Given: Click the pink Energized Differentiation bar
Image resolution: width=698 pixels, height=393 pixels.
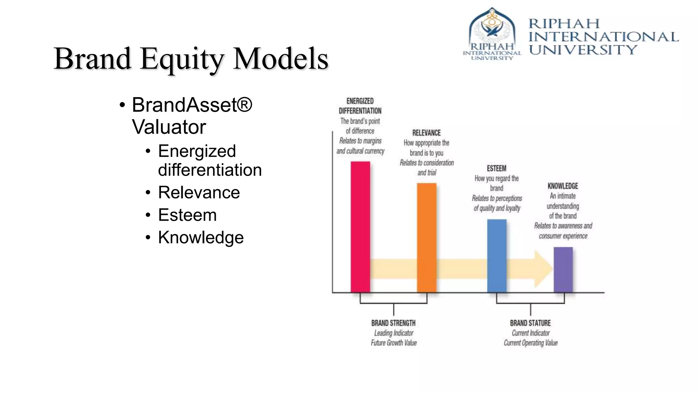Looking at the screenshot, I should pos(360,227).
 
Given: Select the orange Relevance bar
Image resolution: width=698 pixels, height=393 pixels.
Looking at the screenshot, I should pos(426,238).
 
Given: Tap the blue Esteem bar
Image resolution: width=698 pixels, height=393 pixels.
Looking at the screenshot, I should pos(497,256).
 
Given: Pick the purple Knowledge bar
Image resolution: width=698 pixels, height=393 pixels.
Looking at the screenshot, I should pos(563,270).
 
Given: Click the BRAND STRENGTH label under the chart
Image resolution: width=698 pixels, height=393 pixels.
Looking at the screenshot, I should pos(393,323).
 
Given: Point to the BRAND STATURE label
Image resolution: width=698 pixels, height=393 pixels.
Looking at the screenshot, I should pos(530,323).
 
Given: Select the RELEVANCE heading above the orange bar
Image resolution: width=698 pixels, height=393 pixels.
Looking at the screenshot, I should pos(426,133).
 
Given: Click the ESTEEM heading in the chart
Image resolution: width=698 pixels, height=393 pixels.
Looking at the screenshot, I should pos(497,168).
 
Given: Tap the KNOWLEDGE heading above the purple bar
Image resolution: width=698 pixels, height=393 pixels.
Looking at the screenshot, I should pos(563,186).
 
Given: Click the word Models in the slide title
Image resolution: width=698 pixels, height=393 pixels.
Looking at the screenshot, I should pos(280,59).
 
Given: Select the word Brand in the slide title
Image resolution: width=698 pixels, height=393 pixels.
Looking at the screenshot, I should pos(92,59).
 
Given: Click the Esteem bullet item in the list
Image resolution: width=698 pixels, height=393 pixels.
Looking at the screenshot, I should pos(187,215).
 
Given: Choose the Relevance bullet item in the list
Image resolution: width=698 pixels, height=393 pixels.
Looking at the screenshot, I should pos(199,192).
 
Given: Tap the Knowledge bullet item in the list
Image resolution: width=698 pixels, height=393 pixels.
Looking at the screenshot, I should pos(201,237).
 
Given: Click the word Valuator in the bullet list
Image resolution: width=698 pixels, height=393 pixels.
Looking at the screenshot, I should pos(169,127).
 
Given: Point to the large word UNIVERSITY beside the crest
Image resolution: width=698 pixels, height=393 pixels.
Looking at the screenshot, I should pos(583,50).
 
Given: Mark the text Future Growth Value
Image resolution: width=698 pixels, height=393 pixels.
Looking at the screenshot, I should pos(394,343).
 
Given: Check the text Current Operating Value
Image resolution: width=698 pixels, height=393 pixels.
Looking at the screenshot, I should pos(531,343).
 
